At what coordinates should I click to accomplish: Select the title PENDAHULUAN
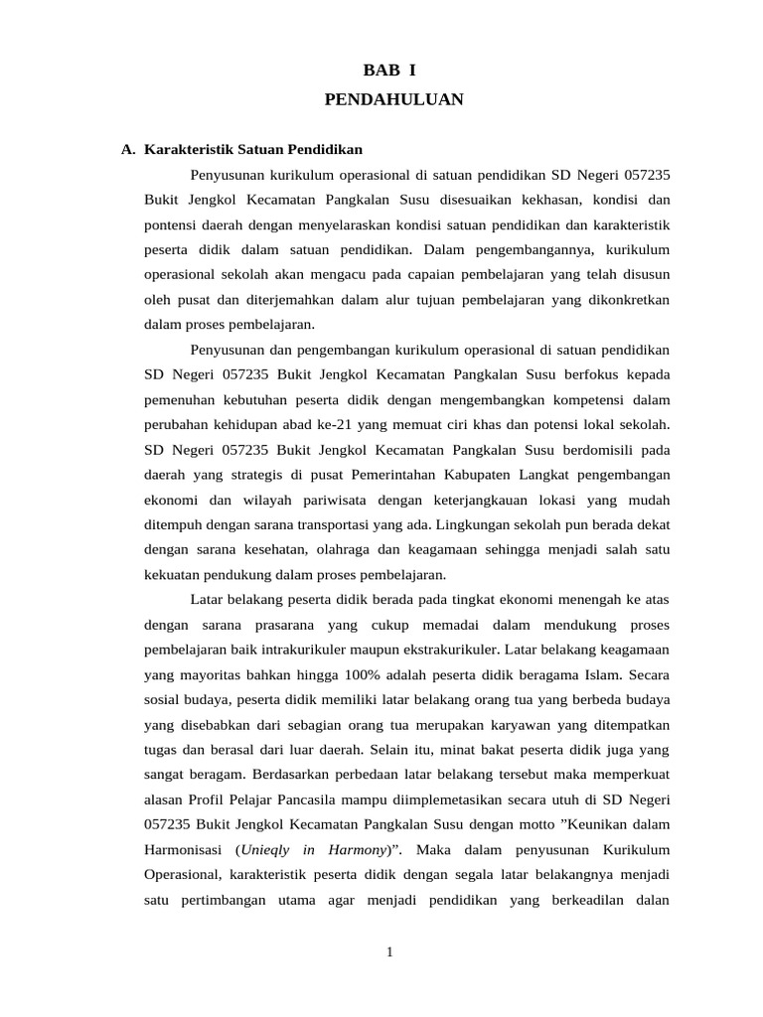pos(393,99)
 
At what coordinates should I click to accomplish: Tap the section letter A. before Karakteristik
pos(128,150)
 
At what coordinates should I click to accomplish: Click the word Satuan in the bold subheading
pos(257,150)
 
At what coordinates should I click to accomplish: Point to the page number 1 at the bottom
pos(390,952)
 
